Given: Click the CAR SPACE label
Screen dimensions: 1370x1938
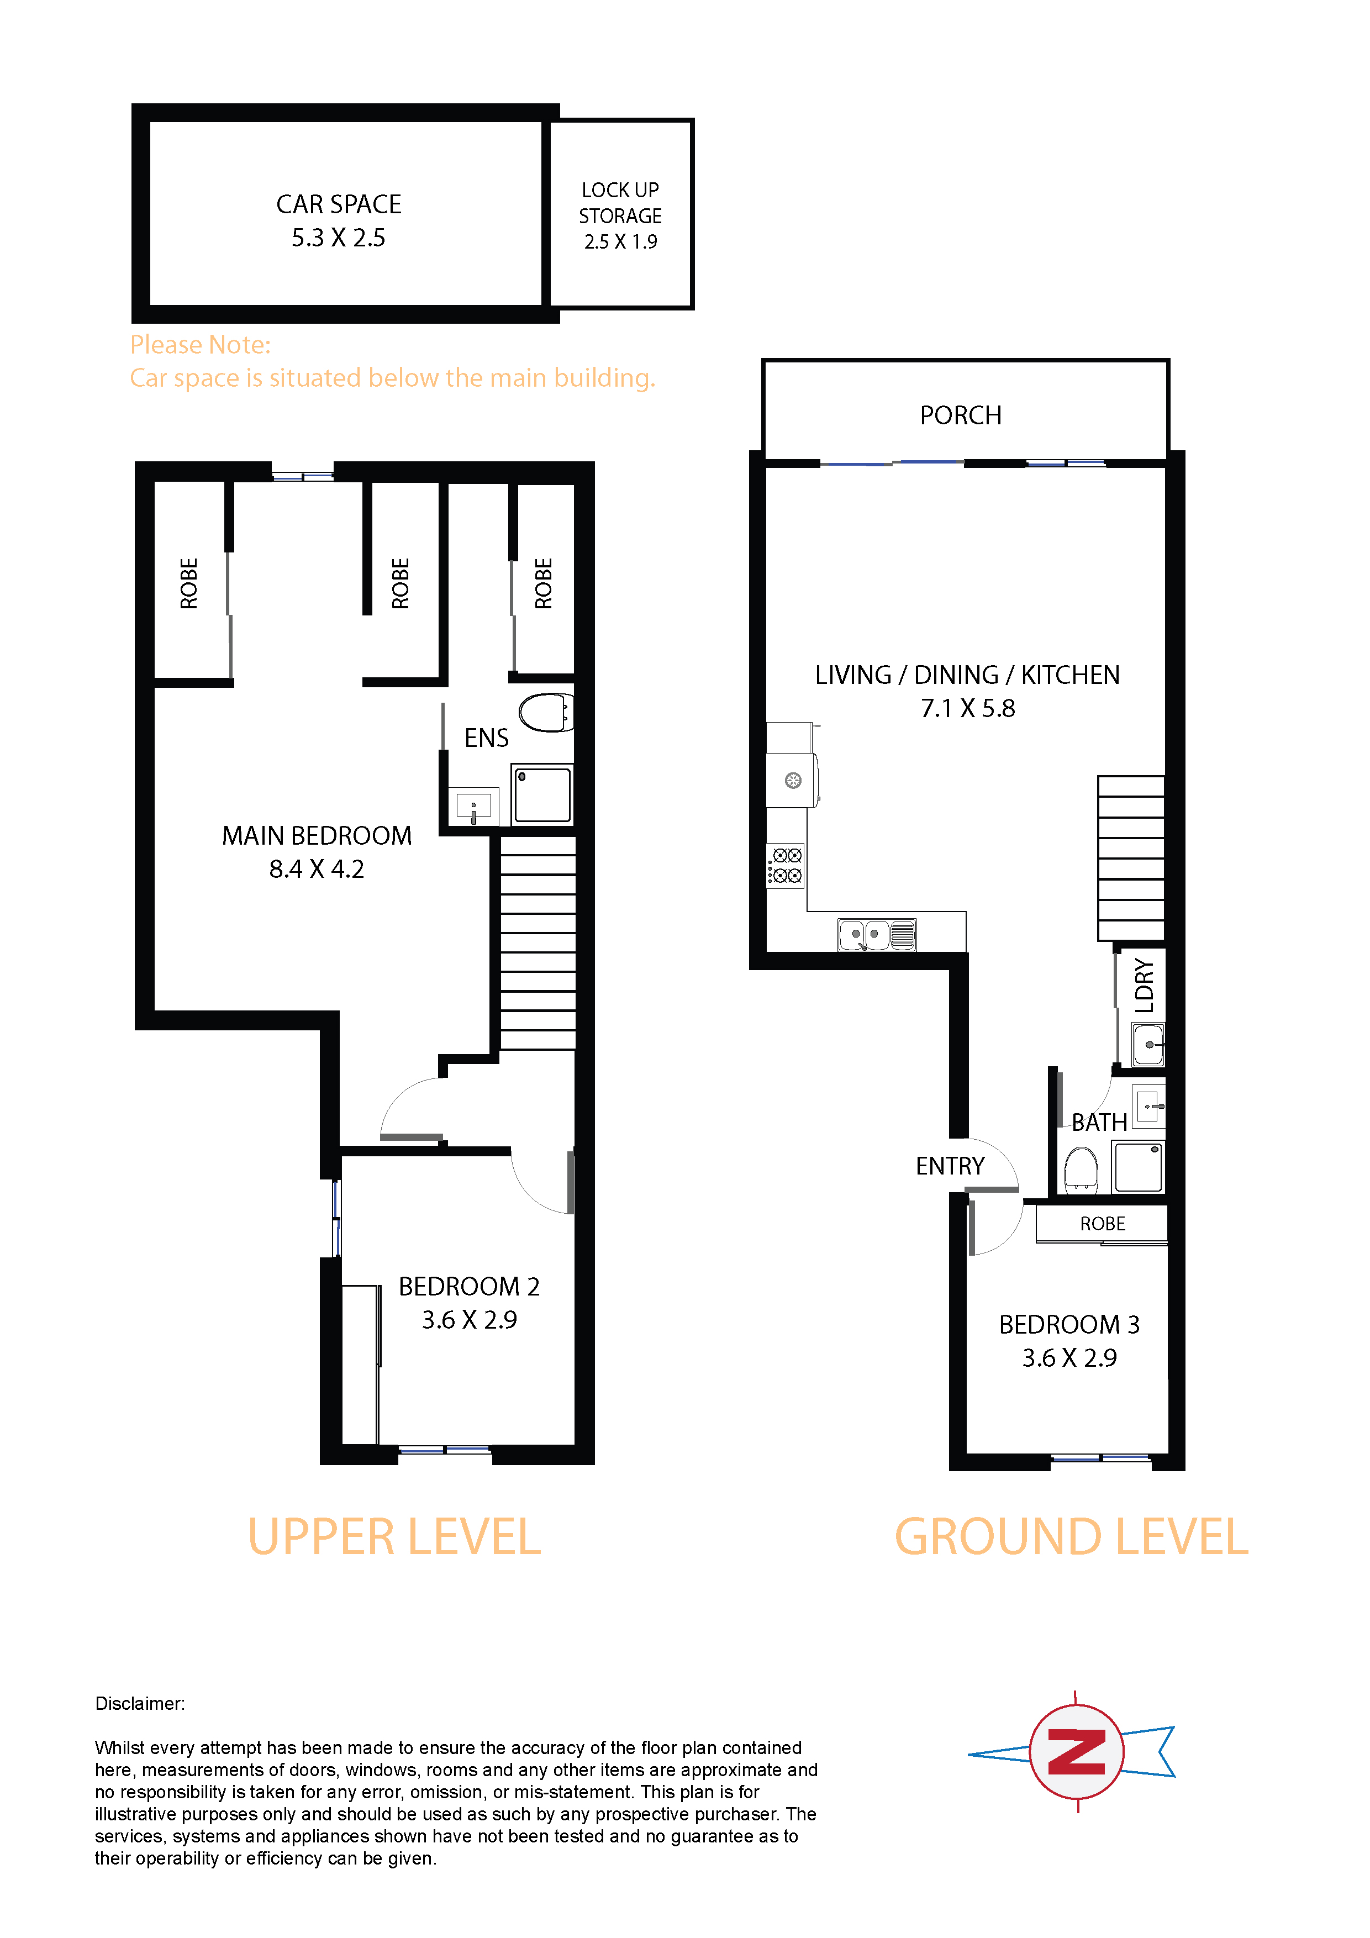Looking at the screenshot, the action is pyautogui.click(x=339, y=204).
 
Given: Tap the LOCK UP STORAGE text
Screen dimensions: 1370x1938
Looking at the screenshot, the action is pyautogui.click(x=620, y=203).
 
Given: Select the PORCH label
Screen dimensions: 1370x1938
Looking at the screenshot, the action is pyautogui.click(x=961, y=415).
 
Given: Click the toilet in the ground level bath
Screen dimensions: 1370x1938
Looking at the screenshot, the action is pyautogui.click(x=1081, y=1169).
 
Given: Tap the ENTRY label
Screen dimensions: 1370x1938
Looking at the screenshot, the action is pyautogui.click(x=951, y=1167).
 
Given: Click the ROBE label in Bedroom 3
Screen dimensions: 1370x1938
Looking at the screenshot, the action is pyautogui.click(x=1103, y=1224).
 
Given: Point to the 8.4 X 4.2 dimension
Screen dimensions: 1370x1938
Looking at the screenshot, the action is pyautogui.click(x=317, y=870).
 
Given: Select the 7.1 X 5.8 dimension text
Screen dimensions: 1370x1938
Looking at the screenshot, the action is pyautogui.click(x=967, y=708).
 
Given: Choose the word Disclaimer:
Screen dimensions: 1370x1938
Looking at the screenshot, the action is pyautogui.click(x=140, y=1703).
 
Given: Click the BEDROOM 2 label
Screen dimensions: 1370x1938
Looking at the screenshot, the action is pyautogui.click(x=470, y=1286).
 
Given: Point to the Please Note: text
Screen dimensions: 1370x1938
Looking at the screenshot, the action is pyautogui.click(x=200, y=344).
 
